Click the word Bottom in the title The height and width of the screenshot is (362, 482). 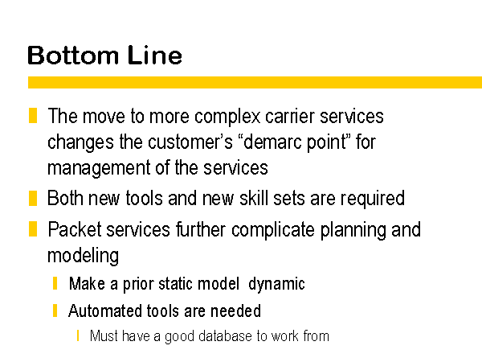pos(73,55)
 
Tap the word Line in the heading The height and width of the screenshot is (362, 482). pos(155,55)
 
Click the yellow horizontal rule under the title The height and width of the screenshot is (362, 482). pos(255,83)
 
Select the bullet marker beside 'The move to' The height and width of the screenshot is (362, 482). pos(33,115)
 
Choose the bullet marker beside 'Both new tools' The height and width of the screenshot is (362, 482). pos(33,198)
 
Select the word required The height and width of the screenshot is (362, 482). pos(372,200)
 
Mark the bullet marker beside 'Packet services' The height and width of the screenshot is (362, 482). pos(33,229)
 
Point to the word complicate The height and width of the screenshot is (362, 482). pos(273,231)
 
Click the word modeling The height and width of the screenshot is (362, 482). pos(83,256)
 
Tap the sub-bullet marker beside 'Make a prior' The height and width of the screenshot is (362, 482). pos(55,283)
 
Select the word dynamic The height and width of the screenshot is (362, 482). pos(276,284)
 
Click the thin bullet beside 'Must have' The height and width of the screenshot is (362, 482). pos(78,335)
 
